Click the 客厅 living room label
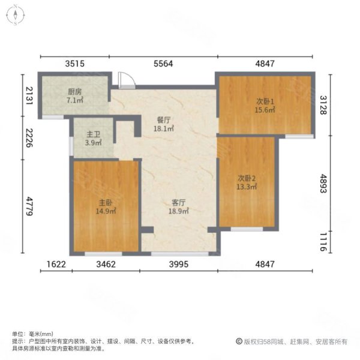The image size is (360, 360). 178,203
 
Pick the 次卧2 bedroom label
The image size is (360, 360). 247,178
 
